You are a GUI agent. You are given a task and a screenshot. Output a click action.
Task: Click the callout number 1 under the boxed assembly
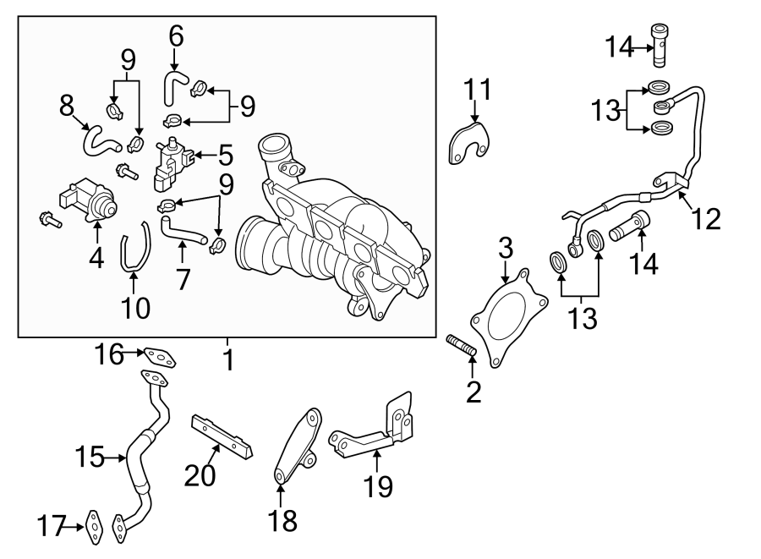click(x=227, y=359)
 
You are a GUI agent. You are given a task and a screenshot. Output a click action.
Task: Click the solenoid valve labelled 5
click(x=172, y=165)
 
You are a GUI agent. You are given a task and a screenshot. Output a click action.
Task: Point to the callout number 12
click(x=706, y=218)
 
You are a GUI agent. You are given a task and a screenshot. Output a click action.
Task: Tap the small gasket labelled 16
click(x=158, y=359)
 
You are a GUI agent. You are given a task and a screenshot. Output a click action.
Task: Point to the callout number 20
click(x=200, y=476)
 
